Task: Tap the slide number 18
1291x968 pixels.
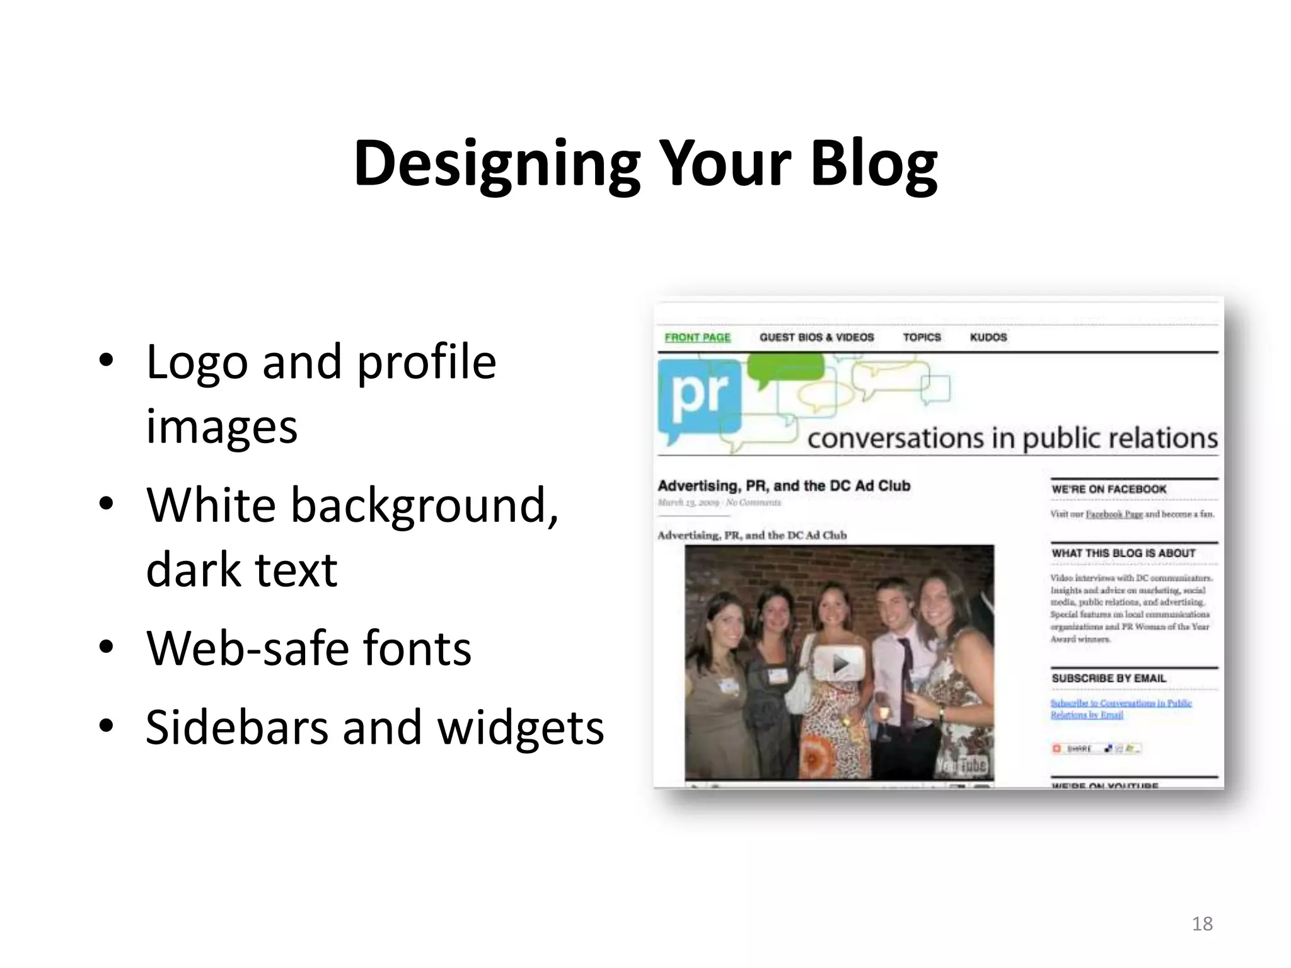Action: click(1202, 924)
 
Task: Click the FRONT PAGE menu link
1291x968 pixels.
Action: click(697, 337)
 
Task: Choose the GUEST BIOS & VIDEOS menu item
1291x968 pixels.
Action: click(816, 337)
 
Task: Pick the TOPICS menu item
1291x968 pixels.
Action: click(922, 337)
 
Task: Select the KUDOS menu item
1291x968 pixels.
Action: click(988, 337)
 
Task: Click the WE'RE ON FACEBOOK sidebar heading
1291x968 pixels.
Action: click(1109, 489)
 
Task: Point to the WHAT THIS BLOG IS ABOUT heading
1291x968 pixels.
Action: click(1123, 553)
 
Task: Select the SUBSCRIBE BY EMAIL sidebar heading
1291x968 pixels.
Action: click(1109, 678)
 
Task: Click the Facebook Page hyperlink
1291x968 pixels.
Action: click(1114, 514)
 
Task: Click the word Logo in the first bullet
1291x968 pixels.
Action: click(197, 362)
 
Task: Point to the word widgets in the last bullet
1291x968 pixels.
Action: click(521, 727)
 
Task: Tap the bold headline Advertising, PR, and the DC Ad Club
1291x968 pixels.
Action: click(784, 486)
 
